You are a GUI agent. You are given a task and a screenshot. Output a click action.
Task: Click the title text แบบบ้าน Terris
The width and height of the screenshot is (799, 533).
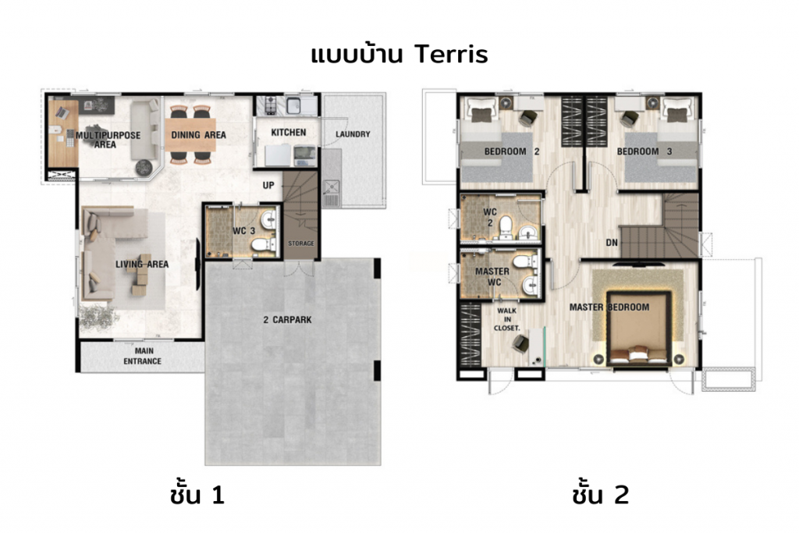[399, 55]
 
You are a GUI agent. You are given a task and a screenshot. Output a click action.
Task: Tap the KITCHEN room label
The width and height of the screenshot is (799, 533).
[288, 133]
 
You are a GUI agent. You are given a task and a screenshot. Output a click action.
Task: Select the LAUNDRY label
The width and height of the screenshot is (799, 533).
[353, 134]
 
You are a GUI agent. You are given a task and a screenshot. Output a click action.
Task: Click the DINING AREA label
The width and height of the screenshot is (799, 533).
[198, 135]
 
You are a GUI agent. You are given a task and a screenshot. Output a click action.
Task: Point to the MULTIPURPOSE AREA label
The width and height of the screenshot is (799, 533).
[108, 139]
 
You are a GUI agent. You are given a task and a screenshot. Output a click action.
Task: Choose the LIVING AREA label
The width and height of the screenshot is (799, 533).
[142, 265]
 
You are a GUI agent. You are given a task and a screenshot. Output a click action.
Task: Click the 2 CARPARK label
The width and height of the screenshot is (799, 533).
[292, 319]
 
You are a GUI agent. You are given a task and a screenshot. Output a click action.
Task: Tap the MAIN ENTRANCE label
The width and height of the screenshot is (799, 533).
[143, 357]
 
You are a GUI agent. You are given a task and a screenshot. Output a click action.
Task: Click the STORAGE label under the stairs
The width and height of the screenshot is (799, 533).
[300, 243]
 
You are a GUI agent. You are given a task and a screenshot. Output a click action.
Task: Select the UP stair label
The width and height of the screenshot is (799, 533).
[268, 186]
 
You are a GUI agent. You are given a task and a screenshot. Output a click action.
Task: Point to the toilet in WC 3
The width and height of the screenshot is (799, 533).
[261, 245]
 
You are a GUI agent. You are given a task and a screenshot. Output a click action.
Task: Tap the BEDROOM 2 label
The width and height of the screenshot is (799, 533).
[512, 151]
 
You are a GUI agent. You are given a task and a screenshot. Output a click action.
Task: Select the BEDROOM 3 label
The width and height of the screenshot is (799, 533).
[645, 151]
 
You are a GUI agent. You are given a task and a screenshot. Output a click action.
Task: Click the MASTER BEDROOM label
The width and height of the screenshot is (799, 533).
[609, 307]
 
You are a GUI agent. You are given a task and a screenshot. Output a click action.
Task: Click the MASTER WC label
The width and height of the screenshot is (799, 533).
[492, 276]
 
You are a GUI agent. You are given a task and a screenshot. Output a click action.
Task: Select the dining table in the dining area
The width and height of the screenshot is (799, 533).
[191, 134]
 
